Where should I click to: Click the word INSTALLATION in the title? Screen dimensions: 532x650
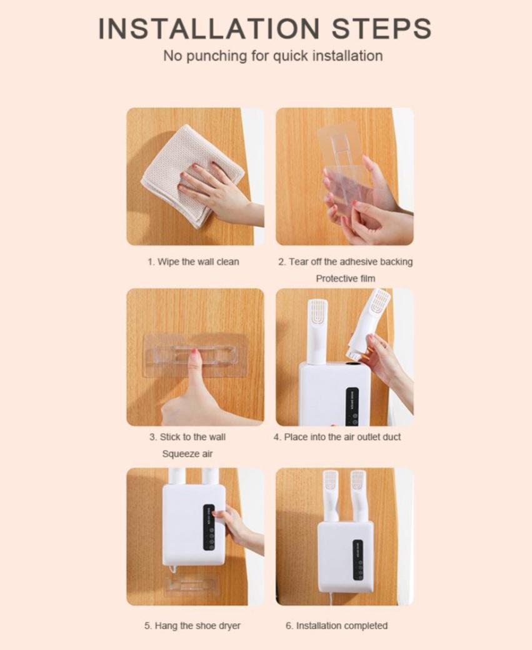[x=209, y=28]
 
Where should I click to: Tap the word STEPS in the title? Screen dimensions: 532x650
[x=381, y=28]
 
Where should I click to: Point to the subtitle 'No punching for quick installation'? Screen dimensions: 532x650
[x=273, y=56]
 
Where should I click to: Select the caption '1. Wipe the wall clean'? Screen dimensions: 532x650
[x=193, y=262]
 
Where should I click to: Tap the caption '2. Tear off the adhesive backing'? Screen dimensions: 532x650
[x=346, y=262]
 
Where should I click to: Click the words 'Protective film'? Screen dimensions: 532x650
[x=346, y=279]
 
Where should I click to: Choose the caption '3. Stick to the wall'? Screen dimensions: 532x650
[x=188, y=437]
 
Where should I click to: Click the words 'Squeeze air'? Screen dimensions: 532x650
[x=188, y=454]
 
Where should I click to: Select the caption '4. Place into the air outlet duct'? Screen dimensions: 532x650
[x=337, y=437]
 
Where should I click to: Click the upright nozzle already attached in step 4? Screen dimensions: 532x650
[x=317, y=332]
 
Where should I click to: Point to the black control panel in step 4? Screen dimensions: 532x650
[x=352, y=406]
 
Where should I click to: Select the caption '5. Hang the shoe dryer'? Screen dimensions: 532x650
[x=193, y=626]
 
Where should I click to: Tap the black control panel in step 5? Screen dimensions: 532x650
[x=209, y=527]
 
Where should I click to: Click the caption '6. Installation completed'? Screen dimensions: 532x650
[x=336, y=626]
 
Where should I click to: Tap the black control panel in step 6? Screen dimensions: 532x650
[x=358, y=560]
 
